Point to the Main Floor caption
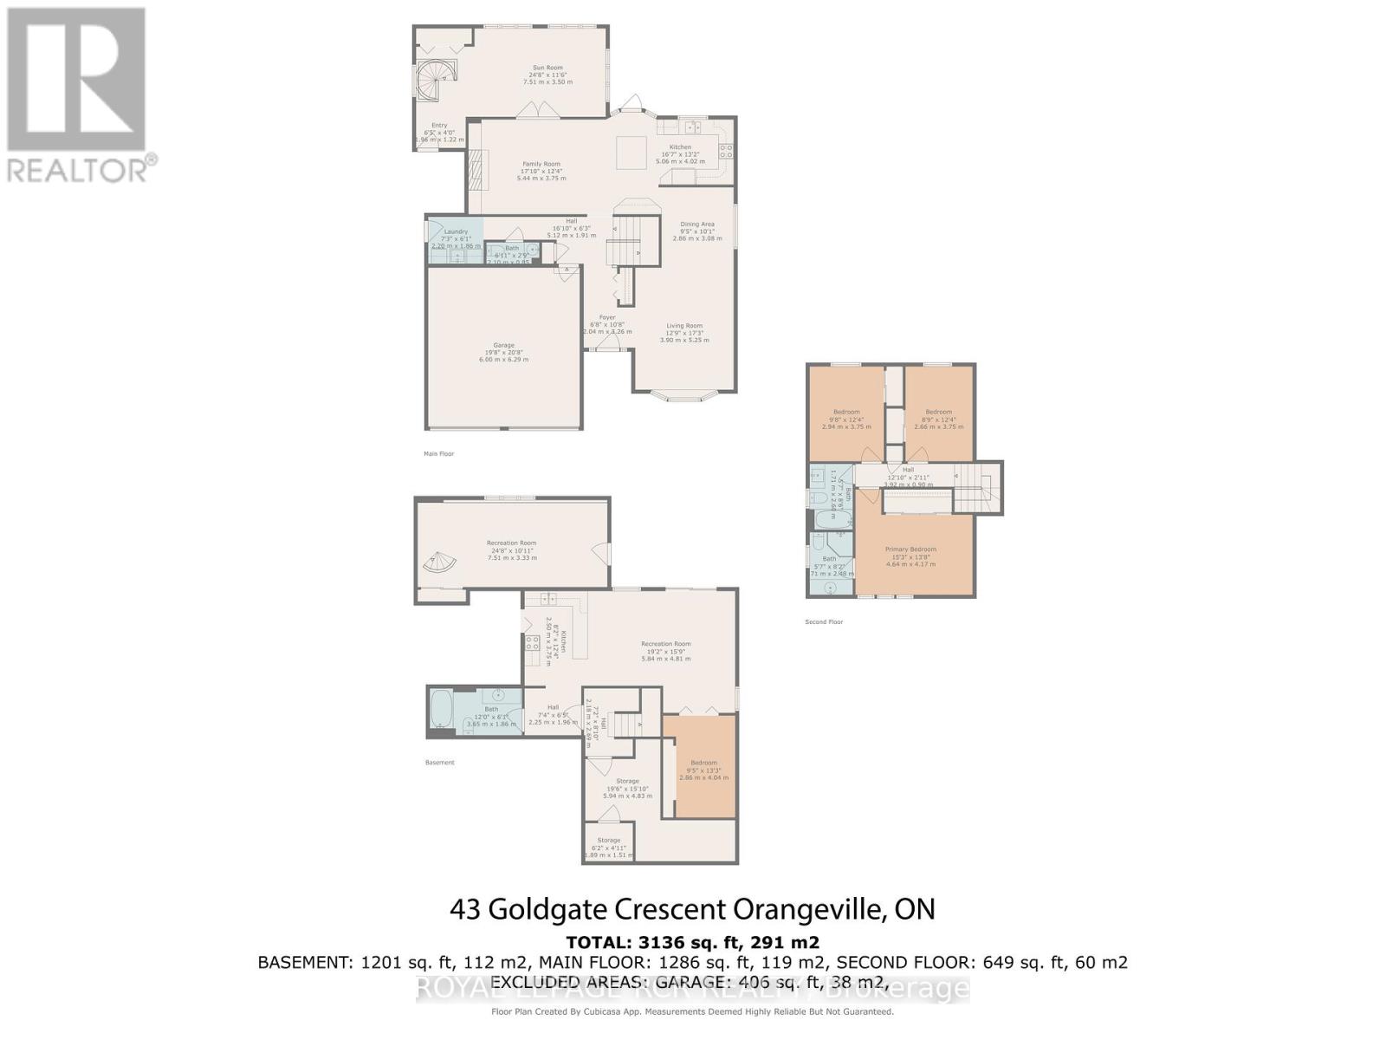[x=438, y=453]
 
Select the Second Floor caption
[x=823, y=621]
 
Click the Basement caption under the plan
[x=439, y=763]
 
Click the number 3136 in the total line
[x=661, y=942]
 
